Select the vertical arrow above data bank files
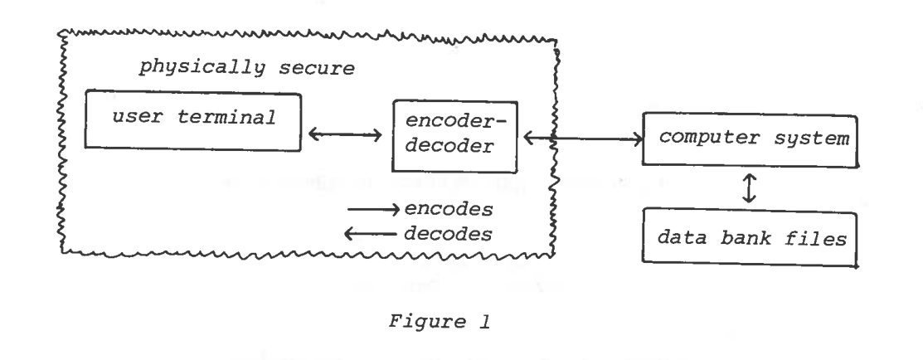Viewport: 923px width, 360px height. [750, 189]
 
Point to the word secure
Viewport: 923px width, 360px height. [313, 67]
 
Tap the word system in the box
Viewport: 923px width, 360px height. [814, 138]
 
